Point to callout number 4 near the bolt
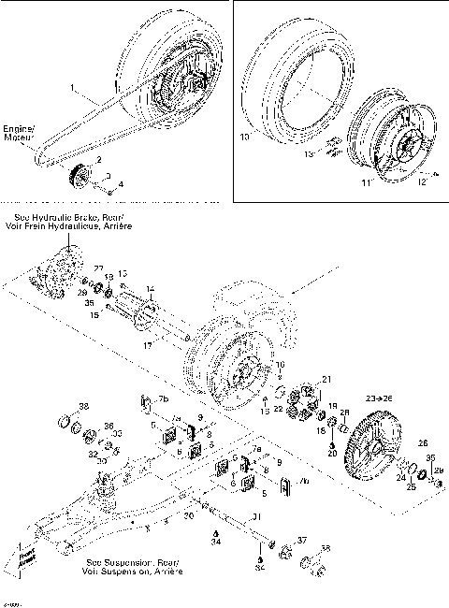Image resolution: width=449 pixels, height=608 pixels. pyautogui.click(x=120, y=183)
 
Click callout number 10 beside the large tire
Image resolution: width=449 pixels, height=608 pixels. pyautogui.click(x=244, y=137)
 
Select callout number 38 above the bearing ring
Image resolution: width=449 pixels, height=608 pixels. pyautogui.click(x=83, y=407)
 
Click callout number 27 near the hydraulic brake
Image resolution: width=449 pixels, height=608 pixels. pyautogui.click(x=98, y=268)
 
